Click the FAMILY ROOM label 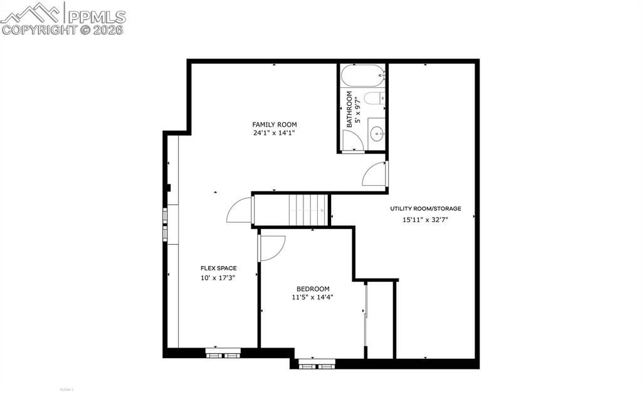(x=275, y=124)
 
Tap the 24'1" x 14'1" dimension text (x=274, y=133)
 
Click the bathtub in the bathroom (x=362, y=76)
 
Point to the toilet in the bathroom (x=373, y=98)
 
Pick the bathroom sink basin (x=377, y=133)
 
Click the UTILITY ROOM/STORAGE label (x=426, y=209)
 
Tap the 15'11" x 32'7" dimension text (x=425, y=220)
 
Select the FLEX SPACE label (x=219, y=268)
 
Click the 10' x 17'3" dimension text (x=218, y=278)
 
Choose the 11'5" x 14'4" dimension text (x=312, y=297)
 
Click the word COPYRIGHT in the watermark (x=39, y=29)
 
